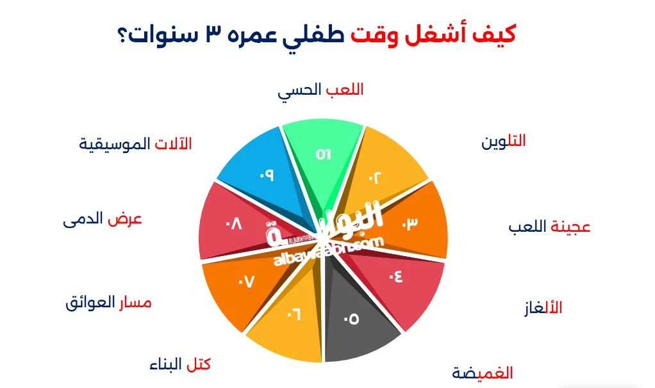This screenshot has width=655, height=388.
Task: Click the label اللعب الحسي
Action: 320,90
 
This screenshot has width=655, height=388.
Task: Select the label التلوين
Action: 503,141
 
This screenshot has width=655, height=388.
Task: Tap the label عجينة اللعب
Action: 549,227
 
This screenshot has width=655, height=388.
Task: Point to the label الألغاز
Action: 543,307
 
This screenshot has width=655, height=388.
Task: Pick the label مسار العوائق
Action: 108,302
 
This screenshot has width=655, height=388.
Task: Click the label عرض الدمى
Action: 103,219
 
